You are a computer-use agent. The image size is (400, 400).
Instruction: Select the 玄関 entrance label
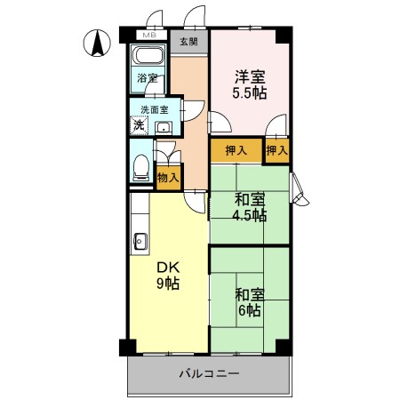[x=188, y=41]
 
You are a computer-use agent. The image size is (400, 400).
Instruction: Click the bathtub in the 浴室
[x=146, y=67]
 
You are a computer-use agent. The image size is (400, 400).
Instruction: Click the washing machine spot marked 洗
[x=140, y=125]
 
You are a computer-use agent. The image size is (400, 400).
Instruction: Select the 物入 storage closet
[x=167, y=177]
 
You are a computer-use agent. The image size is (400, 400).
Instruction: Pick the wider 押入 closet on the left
[x=236, y=151]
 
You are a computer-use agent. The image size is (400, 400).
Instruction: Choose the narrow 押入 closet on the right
[x=277, y=151]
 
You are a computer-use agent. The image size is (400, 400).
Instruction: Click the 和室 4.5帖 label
[x=249, y=207]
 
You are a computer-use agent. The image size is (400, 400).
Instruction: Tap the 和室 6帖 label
[x=249, y=303]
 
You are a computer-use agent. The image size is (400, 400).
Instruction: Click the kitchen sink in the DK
[x=139, y=240]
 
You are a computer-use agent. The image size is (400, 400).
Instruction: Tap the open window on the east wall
[x=300, y=188]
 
